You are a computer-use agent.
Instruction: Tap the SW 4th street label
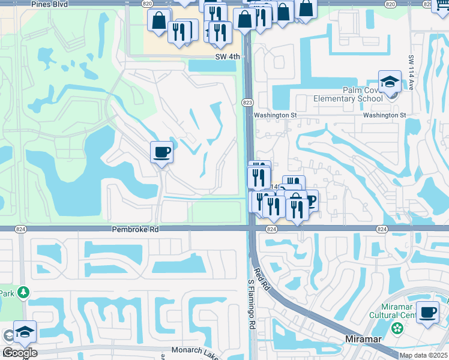pos(228,57)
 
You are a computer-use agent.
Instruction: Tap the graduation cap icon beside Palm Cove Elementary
pos(390,82)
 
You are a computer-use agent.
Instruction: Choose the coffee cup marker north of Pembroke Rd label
pos(161,152)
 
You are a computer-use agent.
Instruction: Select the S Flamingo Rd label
pos(252,304)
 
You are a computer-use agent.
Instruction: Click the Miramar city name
pos(364,339)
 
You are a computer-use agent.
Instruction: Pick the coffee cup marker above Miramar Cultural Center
pos(428,312)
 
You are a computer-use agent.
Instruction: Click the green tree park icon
pos(23,292)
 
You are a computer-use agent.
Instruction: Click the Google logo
pos(20,353)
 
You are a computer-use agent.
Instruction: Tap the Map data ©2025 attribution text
pos(423,355)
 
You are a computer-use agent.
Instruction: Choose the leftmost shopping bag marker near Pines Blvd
pos(160,20)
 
